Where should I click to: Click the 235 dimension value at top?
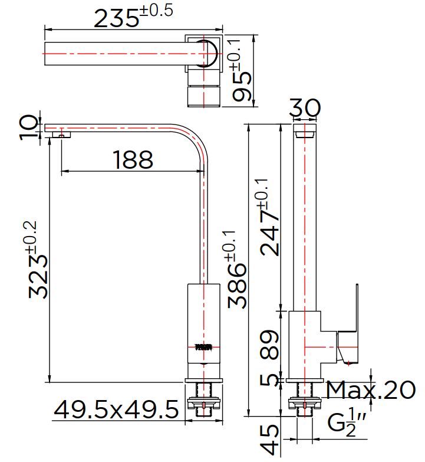(x=116, y=18)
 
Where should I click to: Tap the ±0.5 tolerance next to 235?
(x=156, y=11)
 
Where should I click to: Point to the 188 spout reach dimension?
(x=133, y=160)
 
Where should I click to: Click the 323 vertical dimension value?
(x=38, y=277)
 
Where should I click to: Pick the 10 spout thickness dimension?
(x=28, y=127)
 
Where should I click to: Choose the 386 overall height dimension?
(x=237, y=286)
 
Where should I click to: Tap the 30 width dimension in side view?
(x=305, y=108)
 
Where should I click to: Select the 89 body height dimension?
(x=269, y=345)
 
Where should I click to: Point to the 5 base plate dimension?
(x=268, y=380)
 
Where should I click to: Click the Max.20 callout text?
(x=371, y=390)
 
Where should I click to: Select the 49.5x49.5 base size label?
(x=116, y=409)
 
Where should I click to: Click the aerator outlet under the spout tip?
(x=61, y=135)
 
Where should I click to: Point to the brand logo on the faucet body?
(x=203, y=348)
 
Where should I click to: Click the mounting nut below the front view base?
(x=204, y=403)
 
